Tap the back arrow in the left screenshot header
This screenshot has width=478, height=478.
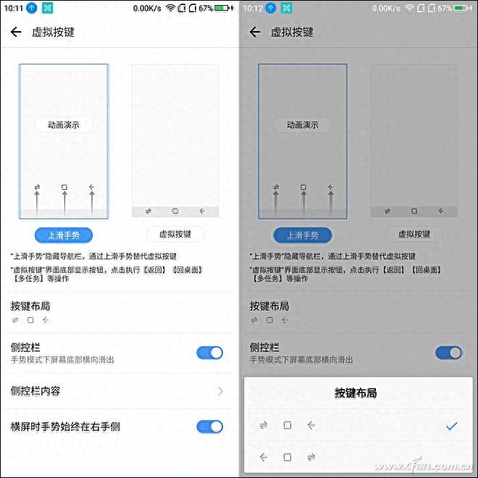16,32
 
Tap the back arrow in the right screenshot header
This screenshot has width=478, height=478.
255,32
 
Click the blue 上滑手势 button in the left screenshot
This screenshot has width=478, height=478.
64,235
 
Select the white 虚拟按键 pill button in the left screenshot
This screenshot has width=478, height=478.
175,234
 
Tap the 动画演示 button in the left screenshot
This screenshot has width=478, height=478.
64,125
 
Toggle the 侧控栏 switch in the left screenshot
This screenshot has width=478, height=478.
210,353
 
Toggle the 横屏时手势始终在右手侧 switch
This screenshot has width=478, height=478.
210,427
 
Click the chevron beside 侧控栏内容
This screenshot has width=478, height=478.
221,391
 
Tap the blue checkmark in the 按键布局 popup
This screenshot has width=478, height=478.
451,426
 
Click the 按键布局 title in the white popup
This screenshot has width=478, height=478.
356,393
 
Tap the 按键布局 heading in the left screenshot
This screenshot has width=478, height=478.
30,306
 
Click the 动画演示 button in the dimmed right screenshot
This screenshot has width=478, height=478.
303,125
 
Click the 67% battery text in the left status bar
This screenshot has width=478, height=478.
206,8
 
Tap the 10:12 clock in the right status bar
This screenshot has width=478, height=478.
253,8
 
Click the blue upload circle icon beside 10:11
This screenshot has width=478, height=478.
32,8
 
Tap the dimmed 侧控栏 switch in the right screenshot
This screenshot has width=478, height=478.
449,353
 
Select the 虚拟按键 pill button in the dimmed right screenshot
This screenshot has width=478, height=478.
414,234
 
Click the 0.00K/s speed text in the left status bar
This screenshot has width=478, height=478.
147,8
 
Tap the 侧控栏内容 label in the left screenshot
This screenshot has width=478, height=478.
35,391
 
